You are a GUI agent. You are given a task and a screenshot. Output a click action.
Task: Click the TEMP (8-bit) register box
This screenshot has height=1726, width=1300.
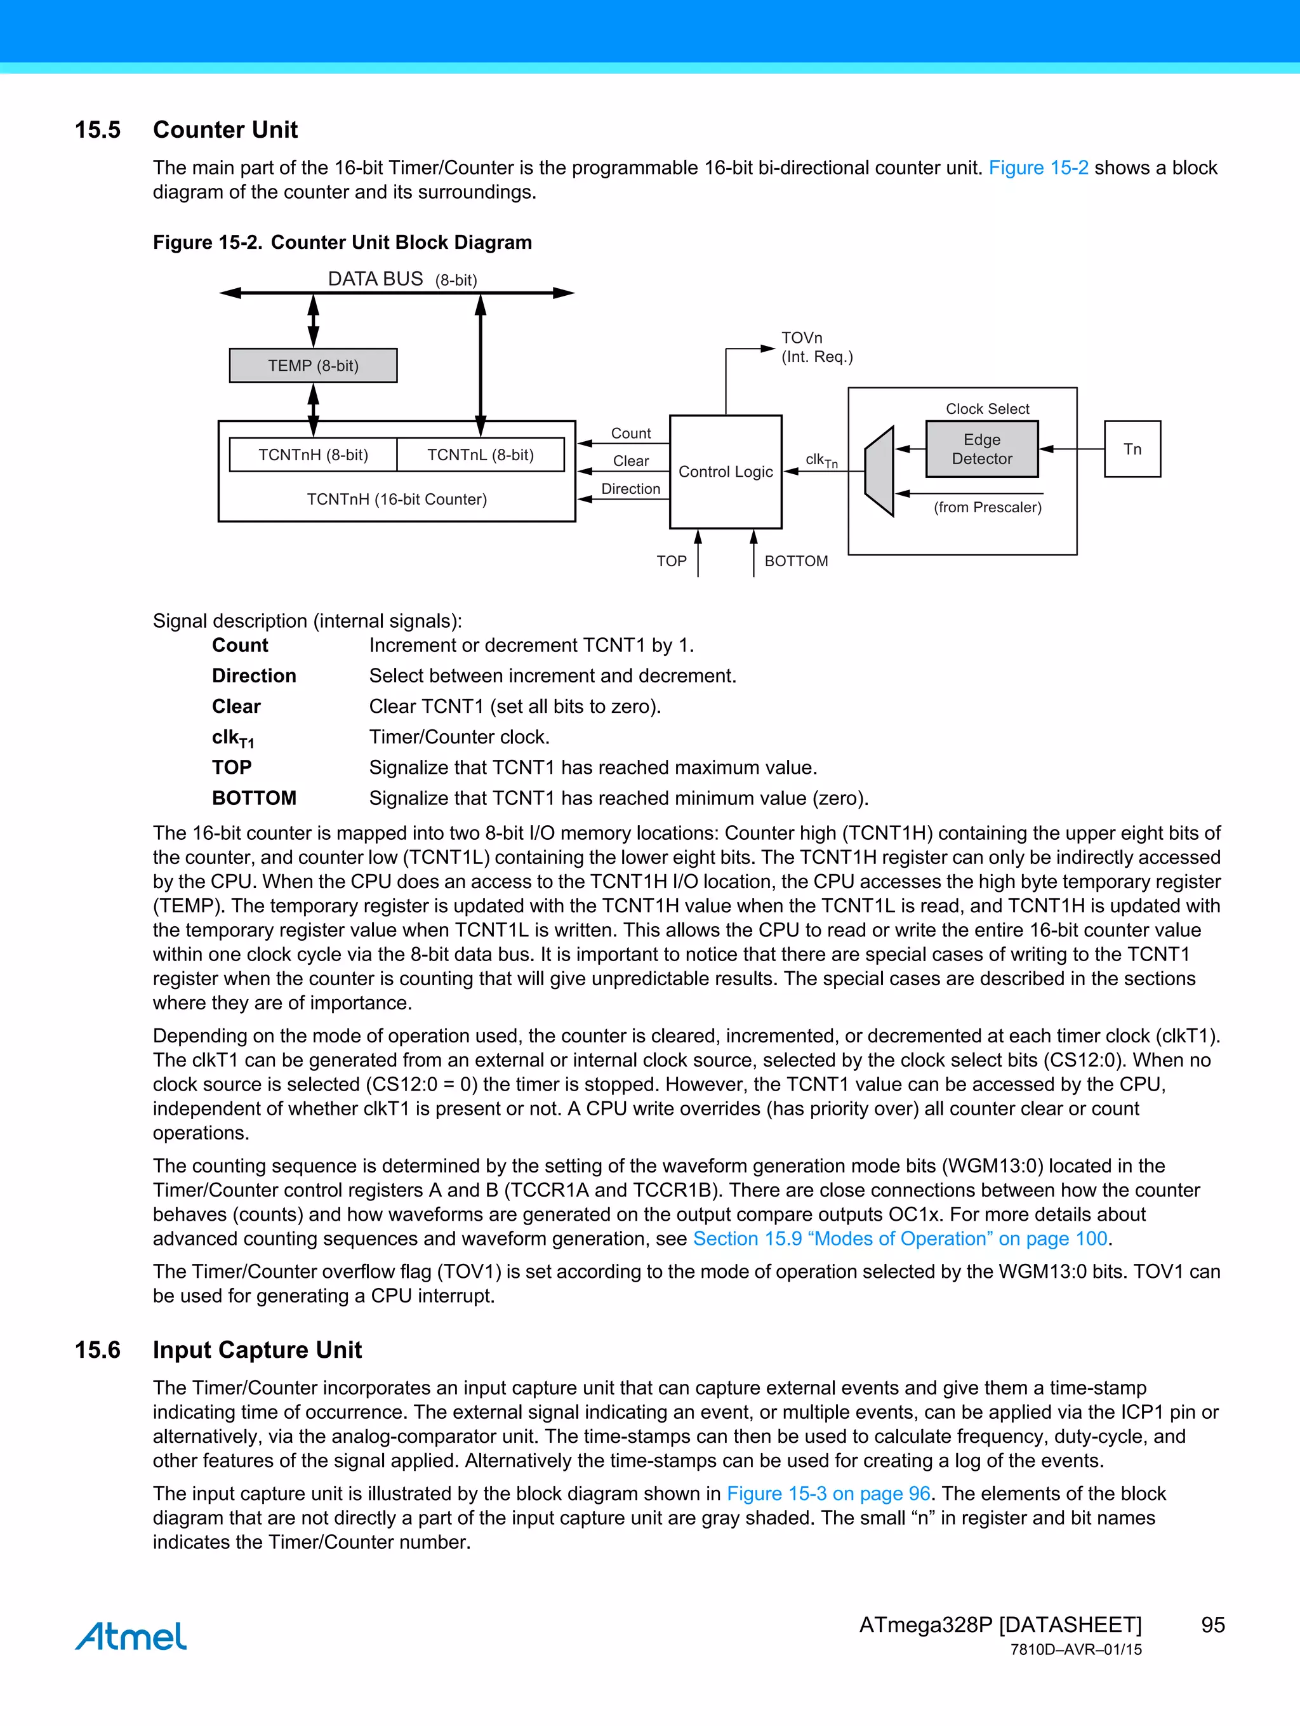[313, 365]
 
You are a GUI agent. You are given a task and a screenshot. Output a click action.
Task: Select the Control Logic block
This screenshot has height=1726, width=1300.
[725, 471]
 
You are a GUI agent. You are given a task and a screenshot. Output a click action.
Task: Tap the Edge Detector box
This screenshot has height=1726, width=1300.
[981, 449]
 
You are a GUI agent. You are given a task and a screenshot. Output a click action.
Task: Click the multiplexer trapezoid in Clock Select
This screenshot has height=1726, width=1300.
[879, 471]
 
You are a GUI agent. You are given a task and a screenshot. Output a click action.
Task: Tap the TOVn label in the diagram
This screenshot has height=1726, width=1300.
[801, 338]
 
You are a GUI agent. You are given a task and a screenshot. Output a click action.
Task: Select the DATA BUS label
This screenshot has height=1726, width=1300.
[375, 279]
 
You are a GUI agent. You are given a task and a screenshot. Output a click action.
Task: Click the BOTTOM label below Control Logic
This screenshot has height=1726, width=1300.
[796, 561]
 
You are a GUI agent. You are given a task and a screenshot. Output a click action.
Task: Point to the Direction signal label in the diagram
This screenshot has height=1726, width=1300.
[630, 488]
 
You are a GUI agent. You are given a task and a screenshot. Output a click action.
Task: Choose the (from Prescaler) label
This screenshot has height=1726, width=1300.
[987, 507]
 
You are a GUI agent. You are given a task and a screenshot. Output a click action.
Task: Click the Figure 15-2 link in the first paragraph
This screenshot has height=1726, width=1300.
[1038, 168]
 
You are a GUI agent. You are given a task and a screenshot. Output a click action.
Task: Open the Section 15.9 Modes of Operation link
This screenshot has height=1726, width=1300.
[899, 1238]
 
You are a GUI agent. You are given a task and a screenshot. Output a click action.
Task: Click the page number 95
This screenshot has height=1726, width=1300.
[1212, 1624]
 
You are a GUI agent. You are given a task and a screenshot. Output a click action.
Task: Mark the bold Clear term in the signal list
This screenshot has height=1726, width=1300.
[236, 706]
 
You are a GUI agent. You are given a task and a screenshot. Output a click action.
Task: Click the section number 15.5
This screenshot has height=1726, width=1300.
[98, 129]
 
